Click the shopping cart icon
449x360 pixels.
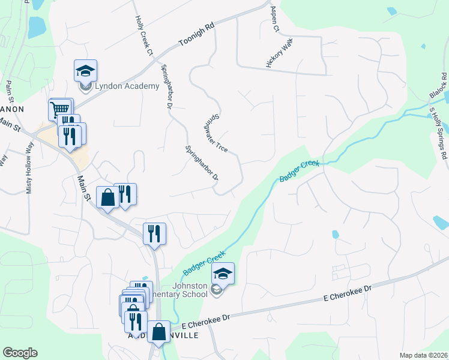click(59, 109)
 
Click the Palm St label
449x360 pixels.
click(9, 95)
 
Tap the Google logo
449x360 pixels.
click(20, 353)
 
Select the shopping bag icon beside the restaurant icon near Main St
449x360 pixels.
click(107, 197)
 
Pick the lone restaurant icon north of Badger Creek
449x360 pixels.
click(154, 234)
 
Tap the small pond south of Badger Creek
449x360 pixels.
click(335, 234)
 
